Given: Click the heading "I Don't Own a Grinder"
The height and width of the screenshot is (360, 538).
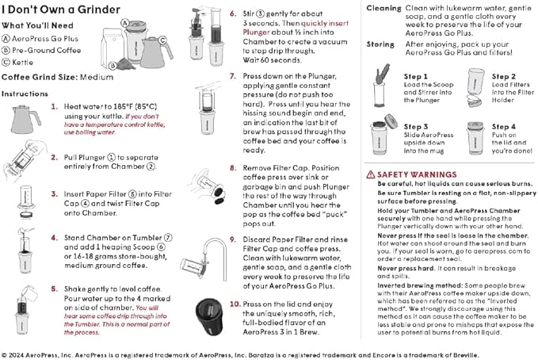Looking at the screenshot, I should [x=61, y=10].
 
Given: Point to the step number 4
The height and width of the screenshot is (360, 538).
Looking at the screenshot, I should [x=53, y=236].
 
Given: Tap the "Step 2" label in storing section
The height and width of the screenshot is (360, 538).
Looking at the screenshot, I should [x=503, y=77].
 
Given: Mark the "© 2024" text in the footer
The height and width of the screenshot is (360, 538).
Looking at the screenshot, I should [x=16, y=354].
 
